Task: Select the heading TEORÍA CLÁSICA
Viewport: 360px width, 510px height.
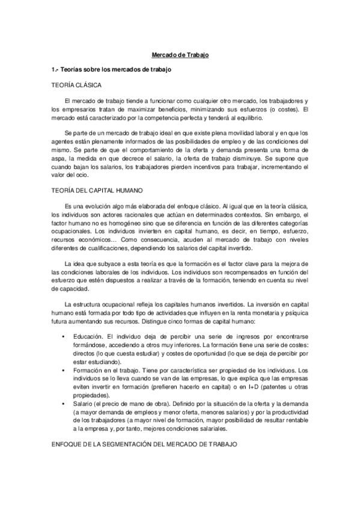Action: (x=77, y=85)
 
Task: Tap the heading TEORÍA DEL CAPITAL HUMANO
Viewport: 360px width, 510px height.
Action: (x=97, y=190)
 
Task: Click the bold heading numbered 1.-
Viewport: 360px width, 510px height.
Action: (x=112, y=70)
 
